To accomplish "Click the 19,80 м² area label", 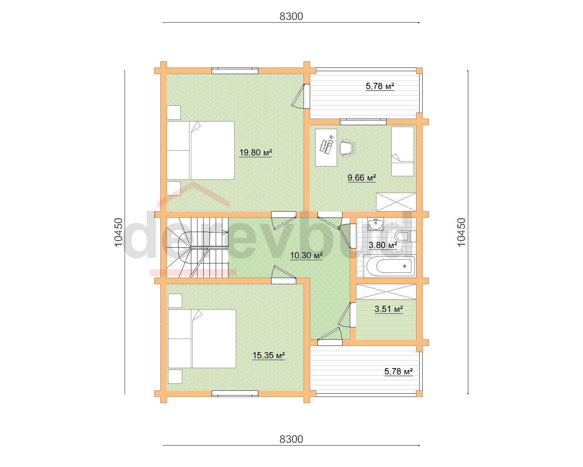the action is coord(255,153).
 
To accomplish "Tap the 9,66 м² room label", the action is coord(362,178).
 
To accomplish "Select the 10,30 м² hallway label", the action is coord(306,255).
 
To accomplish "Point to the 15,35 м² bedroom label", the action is coord(269,355).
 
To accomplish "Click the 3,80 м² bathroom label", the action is coord(383,245).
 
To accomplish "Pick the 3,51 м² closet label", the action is coord(388,309).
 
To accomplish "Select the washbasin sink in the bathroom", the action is coord(375,224).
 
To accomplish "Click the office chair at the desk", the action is coord(347,148).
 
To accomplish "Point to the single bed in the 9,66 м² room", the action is coord(403,151).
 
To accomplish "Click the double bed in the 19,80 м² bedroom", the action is coord(200,150).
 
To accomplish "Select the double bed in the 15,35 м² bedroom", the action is coord(202,339).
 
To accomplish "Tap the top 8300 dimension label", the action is coord(291,16).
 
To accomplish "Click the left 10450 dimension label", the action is coord(119,232).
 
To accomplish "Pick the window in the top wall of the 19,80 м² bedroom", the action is coord(235,70).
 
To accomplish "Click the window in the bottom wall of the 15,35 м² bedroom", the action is coord(235,394).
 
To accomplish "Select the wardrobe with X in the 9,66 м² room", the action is coord(396,202).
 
